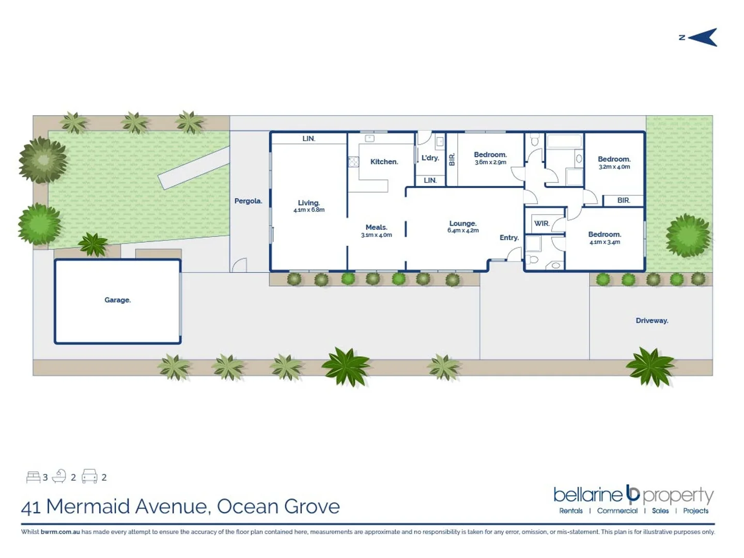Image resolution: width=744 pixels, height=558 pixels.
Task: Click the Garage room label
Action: tap(117, 300)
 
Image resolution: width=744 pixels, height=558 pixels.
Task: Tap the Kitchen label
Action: tap(384, 162)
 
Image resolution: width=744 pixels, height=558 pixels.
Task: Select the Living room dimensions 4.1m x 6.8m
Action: tap(309, 210)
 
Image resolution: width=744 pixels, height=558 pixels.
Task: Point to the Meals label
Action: tap(376, 227)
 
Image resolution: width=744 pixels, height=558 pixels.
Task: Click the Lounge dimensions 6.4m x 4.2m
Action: tap(463, 230)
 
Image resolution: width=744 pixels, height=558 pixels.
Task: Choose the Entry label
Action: tap(509, 238)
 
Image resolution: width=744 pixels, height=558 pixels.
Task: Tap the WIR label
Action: tap(541, 224)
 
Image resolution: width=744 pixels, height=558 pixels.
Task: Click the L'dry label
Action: tap(430, 158)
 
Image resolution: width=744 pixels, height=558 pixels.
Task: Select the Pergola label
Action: tap(248, 201)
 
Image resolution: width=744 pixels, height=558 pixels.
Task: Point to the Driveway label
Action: tap(652, 321)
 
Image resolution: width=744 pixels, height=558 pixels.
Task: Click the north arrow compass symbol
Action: tap(702, 37)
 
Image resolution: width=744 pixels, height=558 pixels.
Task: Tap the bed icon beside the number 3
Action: tap(33, 476)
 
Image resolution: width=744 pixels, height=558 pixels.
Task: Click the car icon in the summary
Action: tap(89, 476)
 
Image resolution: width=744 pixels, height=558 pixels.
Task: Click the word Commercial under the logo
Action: tap(617, 511)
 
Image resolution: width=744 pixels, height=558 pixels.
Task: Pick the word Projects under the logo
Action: tap(695, 511)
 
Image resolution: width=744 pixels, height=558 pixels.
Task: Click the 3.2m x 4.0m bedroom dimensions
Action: tap(614, 167)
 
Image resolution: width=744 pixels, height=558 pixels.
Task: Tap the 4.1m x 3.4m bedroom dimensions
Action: tap(605, 242)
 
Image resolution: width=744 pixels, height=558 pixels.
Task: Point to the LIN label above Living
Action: tap(308, 138)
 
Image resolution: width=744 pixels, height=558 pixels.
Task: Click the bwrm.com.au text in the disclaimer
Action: tap(60, 532)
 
